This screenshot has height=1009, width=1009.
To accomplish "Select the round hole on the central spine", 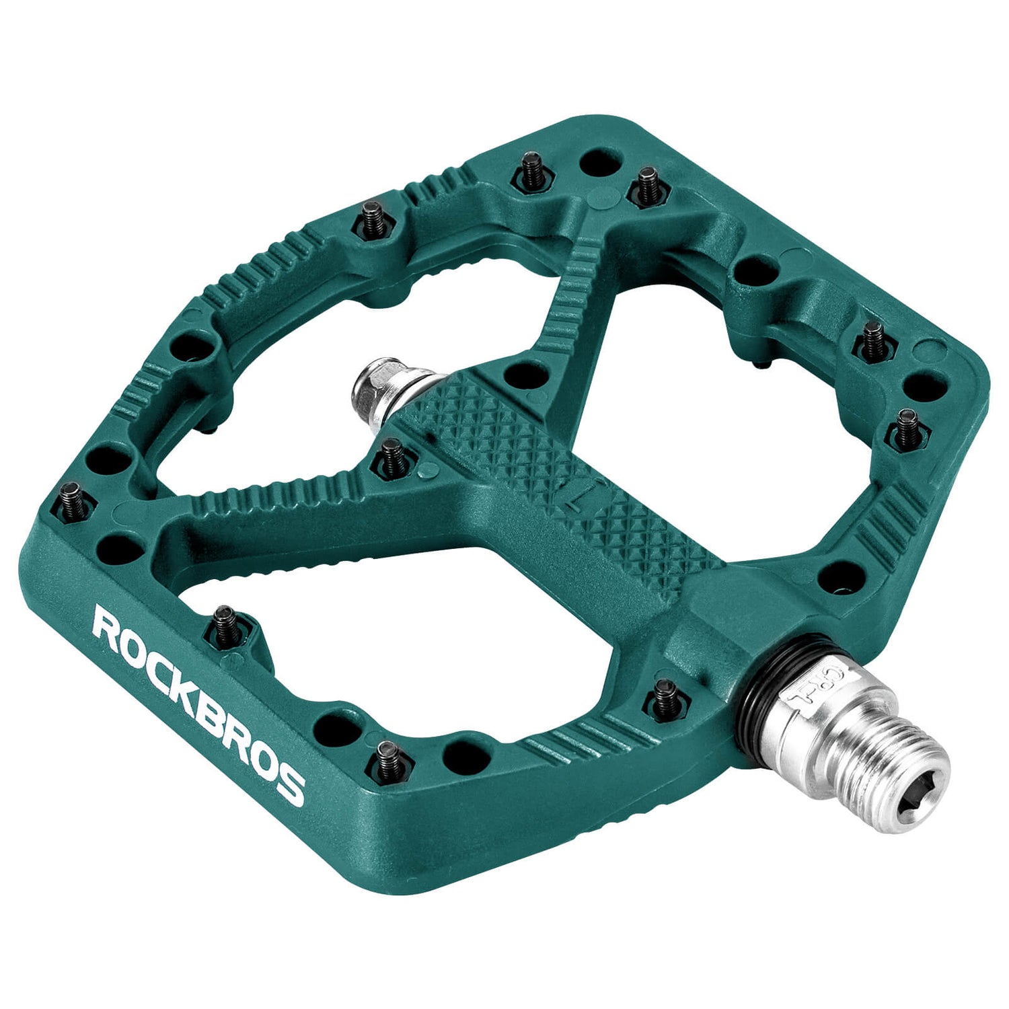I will coord(525,374).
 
